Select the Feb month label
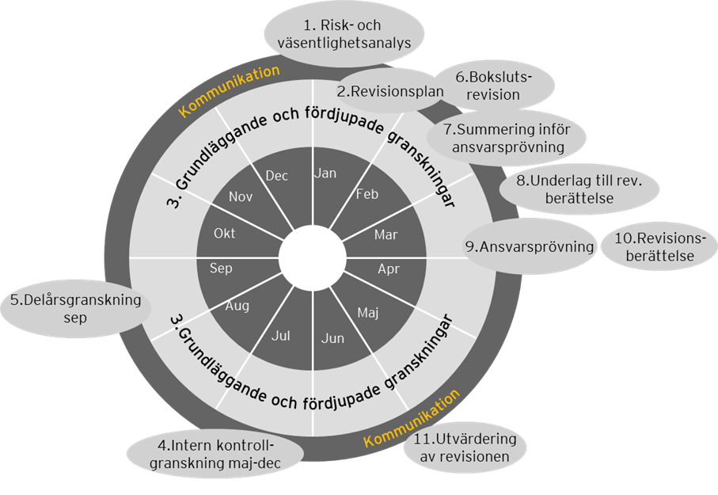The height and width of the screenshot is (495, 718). click(367, 193)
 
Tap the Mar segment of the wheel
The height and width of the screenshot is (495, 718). click(386, 234)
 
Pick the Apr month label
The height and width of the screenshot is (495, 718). click(389, 269)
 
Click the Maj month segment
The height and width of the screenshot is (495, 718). click(368, 312)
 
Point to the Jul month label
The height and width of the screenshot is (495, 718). click(281, 336)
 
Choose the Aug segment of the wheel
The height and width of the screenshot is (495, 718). click(238, 305)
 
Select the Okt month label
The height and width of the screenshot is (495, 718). click(224, 234)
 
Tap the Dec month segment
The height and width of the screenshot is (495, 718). click(277, 176)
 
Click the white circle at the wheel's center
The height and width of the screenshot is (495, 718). click(313, 258)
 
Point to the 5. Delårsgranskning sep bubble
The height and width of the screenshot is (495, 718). click(74, 309)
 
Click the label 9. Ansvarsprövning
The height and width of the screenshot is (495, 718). click(530, 246)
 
